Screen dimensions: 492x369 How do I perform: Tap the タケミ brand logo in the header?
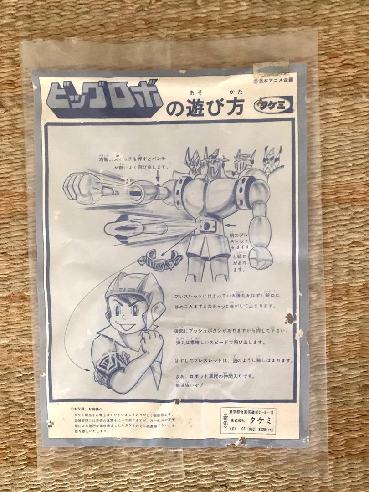[x=273, y=104]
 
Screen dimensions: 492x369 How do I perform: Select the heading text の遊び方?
[x=205, y=108]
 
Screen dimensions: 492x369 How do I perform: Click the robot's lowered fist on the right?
[x=261, y=257]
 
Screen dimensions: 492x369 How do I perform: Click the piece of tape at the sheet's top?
[x=272, y=68]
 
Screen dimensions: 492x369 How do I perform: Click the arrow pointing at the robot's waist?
[x=231, y=224]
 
